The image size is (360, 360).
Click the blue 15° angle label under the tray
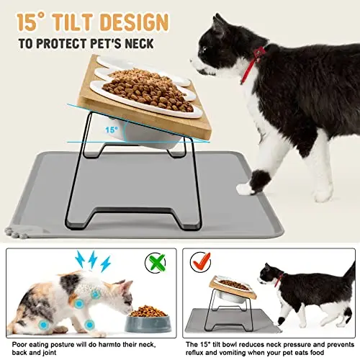[x=112, y=130]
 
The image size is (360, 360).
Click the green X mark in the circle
[x=157, y=262]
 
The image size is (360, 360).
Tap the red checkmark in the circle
[x=201, y=261]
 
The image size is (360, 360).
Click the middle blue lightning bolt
[x=92, y=259]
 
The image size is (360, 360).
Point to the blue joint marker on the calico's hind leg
[x=44, y=325]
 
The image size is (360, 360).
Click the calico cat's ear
[x=127, y=286]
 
